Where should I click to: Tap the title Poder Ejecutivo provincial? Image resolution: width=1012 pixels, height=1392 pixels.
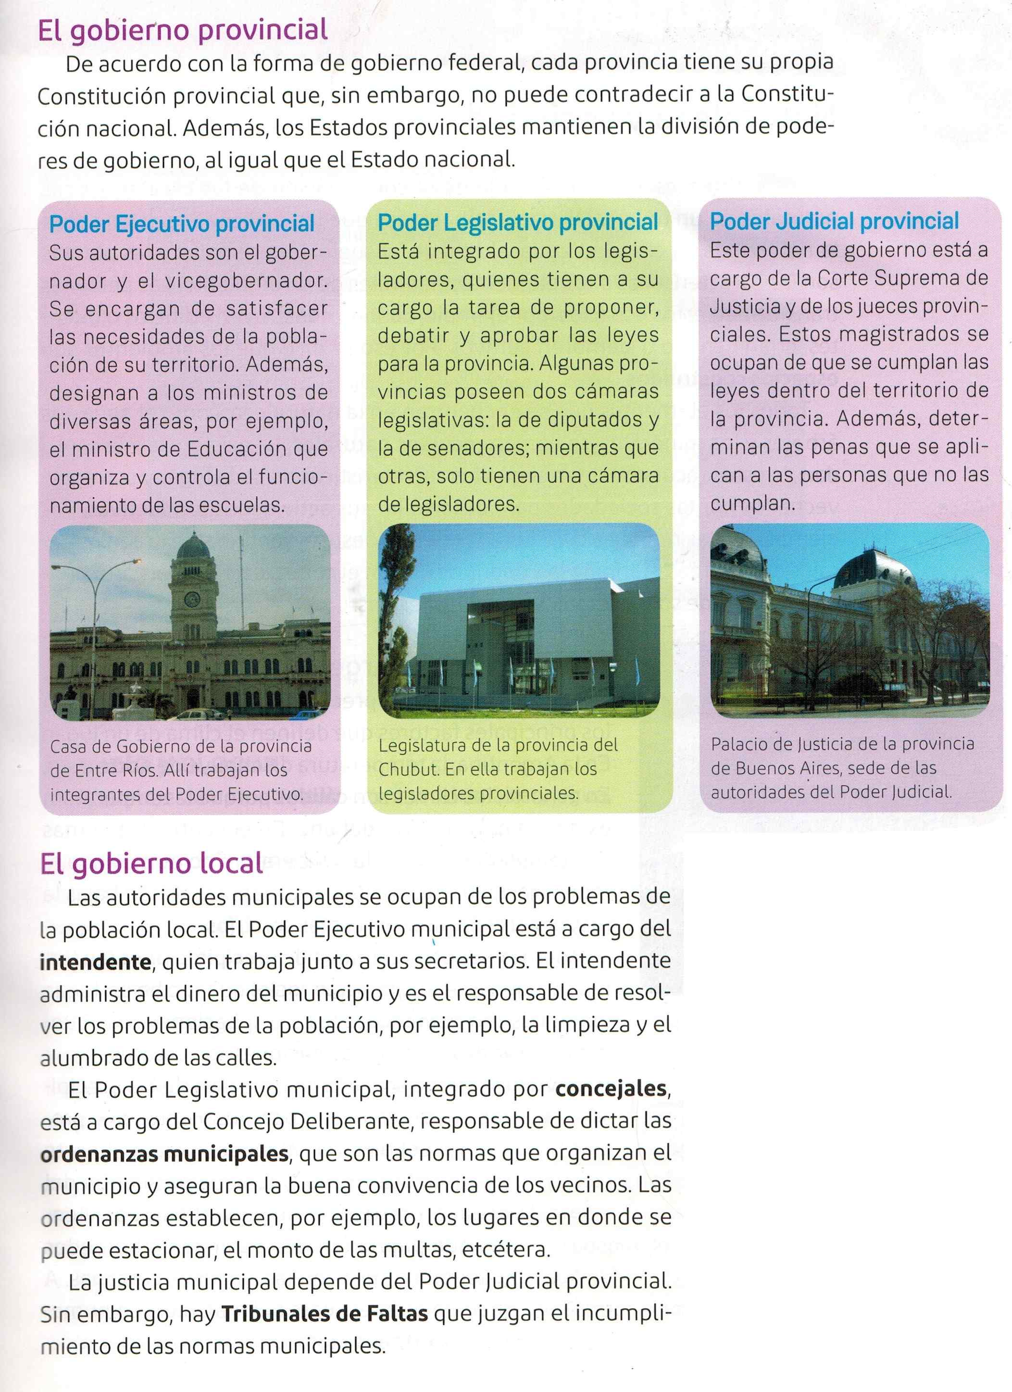click(x=182, y=224)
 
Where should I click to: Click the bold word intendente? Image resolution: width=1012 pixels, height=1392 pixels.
click(x=95, y=961)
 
